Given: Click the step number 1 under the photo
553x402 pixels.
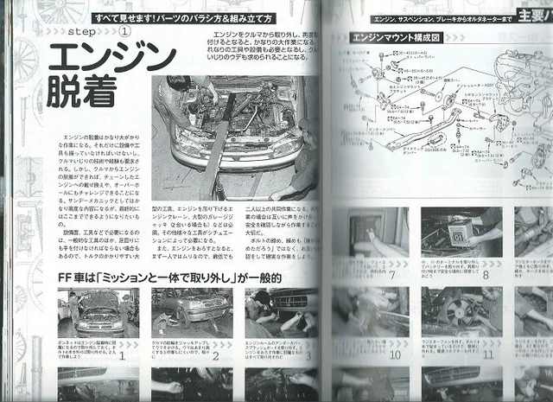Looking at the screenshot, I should [x=122, y=354].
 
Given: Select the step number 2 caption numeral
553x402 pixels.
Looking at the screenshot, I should [x=216, y=354].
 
